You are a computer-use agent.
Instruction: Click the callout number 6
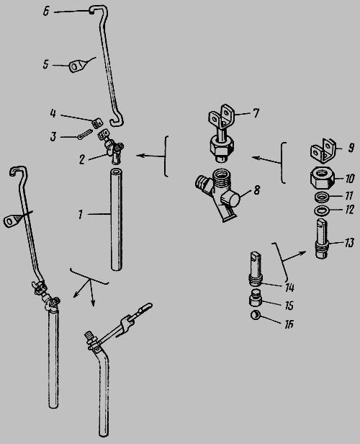click(x=46, y=12)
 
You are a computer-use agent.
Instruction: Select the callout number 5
click(x=46, y=64)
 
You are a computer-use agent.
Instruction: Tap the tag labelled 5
click(x=76, y=66)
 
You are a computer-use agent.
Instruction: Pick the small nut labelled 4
click(x=97, y=123)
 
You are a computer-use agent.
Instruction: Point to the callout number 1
click(x=81, y=214)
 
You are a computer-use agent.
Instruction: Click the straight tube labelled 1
click(x=117, y=219)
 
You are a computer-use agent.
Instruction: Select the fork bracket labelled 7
click(x=221, y=133)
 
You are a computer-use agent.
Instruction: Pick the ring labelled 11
click(x=322, y=197)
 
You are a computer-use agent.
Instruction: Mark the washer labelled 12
click(x=322, y=210)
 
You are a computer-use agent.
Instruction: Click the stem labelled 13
click(x=322, y=239)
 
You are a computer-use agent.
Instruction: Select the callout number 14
click(x=289, y=288)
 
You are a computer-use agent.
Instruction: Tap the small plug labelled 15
click(x=256, y=299)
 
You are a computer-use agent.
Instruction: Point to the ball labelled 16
click(x=256, y=315)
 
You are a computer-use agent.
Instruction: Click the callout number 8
click(x=256, y=190)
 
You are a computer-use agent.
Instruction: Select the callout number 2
click(x=82, y=160)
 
